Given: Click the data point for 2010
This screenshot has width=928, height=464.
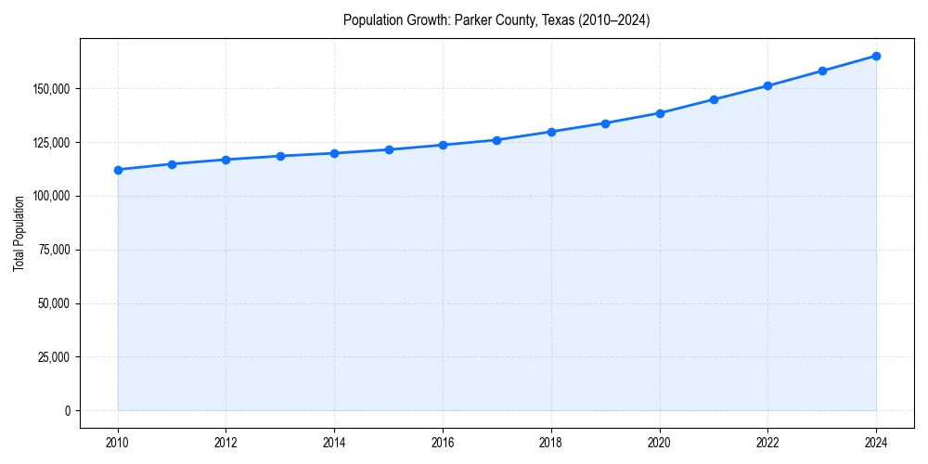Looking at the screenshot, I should tap(118, 170).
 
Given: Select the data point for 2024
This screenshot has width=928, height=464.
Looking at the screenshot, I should tap(876, 56).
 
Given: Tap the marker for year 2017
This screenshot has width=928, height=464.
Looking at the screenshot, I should tap(496, 140).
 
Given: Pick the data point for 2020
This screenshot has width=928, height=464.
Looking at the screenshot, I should tap(660, 113).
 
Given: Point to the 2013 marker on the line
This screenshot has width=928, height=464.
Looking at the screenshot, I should tap(280, 156).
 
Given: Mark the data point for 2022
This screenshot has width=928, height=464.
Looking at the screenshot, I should tap(767, 85).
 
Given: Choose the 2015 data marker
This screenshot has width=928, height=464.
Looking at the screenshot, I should tap(389, 149).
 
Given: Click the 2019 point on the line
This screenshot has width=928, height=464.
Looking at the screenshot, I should tap(605, 123).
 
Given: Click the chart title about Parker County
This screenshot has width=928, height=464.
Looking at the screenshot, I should tap(496, 20).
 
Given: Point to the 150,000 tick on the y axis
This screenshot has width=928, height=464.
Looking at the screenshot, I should tap(54, 89).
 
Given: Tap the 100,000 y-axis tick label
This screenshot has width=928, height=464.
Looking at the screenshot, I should tap(54, 197).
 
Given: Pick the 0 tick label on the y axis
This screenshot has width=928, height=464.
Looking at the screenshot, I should tap(68, 411).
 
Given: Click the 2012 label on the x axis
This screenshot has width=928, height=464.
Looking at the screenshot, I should tap(226, 443).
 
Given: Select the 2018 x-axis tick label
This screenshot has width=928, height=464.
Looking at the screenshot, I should tap(551, 443).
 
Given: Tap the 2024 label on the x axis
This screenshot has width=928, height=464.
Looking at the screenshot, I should tap(876, 443).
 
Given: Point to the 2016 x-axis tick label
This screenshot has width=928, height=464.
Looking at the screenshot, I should tap(443, 443).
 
